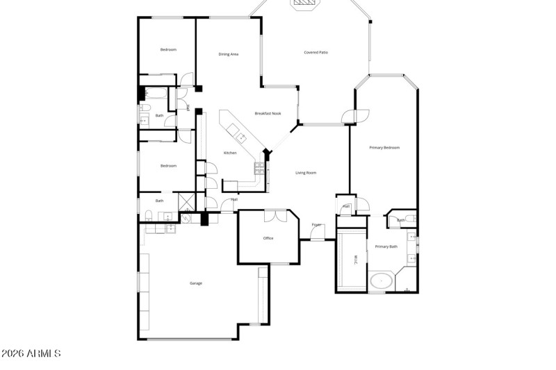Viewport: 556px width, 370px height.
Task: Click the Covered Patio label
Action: pyautogui.click(x=316, y=53)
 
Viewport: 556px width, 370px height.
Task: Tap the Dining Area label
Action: pyautogui.click(x=229, y=54)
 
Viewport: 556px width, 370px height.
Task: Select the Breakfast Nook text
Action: pyautogui.click(x=268, y=113)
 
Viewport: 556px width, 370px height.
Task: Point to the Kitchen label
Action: pyautogui.click(x=230, y=153)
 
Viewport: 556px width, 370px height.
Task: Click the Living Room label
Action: pyautogui.click(x=306, y=173)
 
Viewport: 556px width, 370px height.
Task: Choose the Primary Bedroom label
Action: pyautogui.click(x=384, y=147)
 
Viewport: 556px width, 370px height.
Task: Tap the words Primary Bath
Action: pyautogui.click(x=386, y=246)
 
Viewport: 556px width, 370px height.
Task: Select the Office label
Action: pyautogui.click(x=268, y=238)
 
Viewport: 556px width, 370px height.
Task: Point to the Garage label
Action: pyautogui.click(x=196, y=283)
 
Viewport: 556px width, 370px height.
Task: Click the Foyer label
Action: pyautogui.click(x=317, y=225)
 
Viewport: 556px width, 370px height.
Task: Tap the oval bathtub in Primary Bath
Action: pyautogui.click(x=380, y=282)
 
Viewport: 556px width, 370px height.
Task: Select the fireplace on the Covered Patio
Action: pyautogui.click(x=305, y=3)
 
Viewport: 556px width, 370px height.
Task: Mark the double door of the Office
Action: pyautogui.click(x=276, y=215)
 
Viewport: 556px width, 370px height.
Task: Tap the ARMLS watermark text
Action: pyautogui.click(x=31, y=353)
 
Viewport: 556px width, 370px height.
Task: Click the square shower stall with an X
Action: pyautogui.click(x=187, y=202)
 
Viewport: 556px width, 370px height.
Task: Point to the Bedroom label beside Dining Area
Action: pyautogui.click(x=168, y=50)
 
